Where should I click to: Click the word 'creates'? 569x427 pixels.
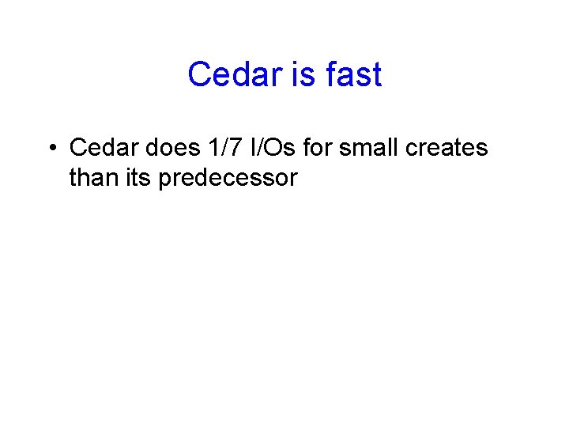pos(448,148)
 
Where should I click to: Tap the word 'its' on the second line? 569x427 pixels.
pos(138,178)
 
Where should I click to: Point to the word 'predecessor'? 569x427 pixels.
pos(228,179)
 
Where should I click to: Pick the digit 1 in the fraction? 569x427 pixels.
pos(209,148)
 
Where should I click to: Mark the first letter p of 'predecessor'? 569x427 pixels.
pos(165,180)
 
